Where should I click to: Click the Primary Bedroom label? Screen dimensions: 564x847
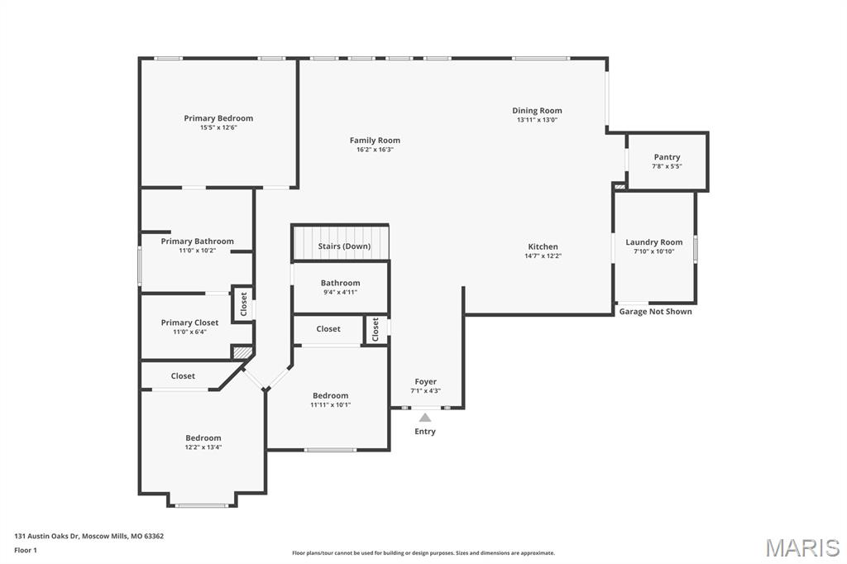point(218,118)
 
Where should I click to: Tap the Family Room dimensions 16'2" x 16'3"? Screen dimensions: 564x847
point(375,150)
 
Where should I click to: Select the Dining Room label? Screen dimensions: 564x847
point(537,111)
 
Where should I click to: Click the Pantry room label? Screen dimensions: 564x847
point(667,157)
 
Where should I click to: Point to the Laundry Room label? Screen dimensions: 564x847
point(653,242)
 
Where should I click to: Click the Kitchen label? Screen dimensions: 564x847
point(543,246)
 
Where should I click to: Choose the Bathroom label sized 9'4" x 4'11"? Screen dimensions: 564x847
point(340,283)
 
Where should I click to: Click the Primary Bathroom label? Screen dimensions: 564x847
point(197,241)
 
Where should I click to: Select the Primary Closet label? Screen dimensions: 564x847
point(189,323)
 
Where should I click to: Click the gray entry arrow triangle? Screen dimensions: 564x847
point(425,418)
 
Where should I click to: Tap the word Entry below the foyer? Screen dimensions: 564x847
point(425,432)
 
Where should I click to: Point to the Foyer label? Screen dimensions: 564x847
point(425,381)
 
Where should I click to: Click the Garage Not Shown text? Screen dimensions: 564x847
point(655,312)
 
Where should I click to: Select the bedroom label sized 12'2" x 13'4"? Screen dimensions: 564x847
point(203,438)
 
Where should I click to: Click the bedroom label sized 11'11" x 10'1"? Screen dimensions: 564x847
point(330,395)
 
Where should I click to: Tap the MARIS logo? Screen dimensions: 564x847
point(802,547)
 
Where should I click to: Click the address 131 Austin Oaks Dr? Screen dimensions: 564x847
point(89,536)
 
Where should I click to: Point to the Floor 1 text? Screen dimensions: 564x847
point(26,550)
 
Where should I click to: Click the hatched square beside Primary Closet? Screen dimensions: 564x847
point(242,353)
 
